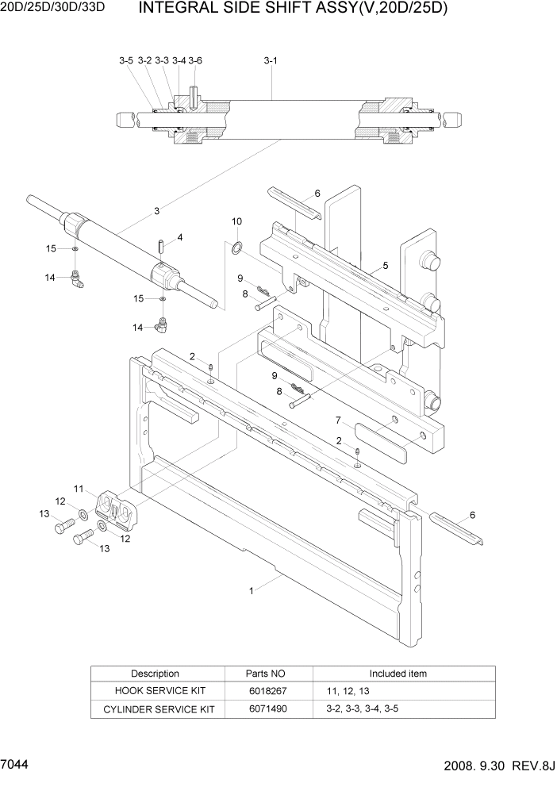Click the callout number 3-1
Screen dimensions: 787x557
coord(270,60)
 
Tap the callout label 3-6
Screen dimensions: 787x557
coord(195,60)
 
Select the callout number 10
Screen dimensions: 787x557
coord(236,221)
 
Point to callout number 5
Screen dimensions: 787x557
coord(385,266)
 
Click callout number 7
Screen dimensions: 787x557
coord(337,420)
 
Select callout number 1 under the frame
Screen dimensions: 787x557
coord(252,590)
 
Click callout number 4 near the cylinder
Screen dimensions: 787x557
coord(180,237)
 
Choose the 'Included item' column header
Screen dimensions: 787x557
coord(398,674)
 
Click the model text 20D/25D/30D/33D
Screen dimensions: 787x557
coord(52,10)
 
